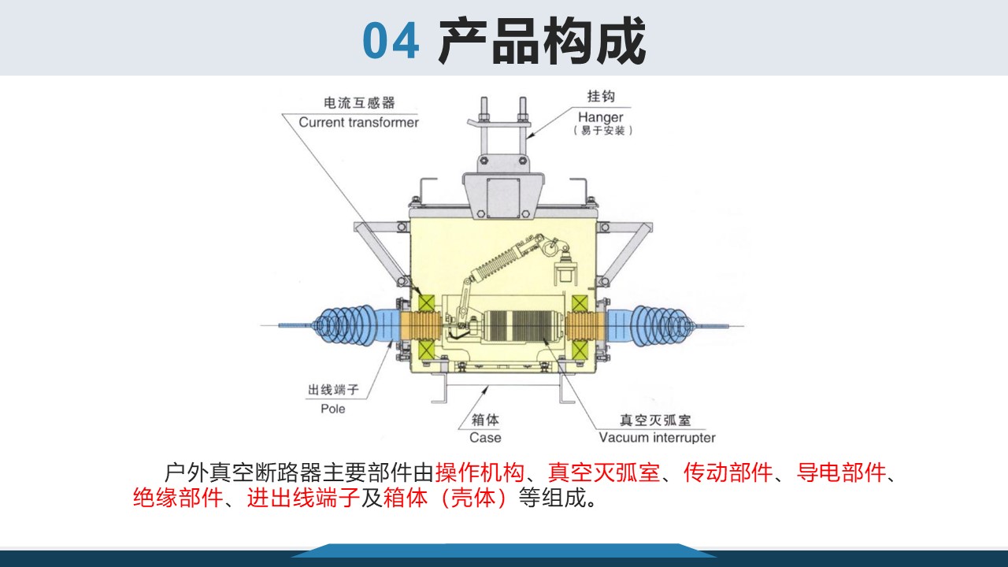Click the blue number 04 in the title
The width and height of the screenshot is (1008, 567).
tap(391, 41)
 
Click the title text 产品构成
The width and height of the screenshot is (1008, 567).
tap(543, 40)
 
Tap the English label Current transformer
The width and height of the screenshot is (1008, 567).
tap(358, 122)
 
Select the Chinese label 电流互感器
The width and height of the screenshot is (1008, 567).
tap(359, 103)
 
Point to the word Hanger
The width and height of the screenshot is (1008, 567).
tap(600, 117)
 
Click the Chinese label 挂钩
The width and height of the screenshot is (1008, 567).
tap(601, 96)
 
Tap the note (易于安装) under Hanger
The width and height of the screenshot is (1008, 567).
tap(603, 131)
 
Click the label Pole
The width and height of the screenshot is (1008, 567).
tap(333, 409)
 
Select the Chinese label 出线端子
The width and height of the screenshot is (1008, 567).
tap(333, 390)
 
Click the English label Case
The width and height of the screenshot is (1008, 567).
tap(485, 437)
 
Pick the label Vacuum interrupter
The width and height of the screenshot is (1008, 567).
tap(657, 437)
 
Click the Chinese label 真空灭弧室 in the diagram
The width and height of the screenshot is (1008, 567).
tap(655, 421)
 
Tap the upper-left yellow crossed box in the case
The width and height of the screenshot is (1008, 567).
tap(426, 302)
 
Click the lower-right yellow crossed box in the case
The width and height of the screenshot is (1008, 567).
tap(580, 350)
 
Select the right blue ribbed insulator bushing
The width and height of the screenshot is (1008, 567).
tap(650, 326)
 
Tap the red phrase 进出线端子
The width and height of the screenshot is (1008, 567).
tap(303, 498)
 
